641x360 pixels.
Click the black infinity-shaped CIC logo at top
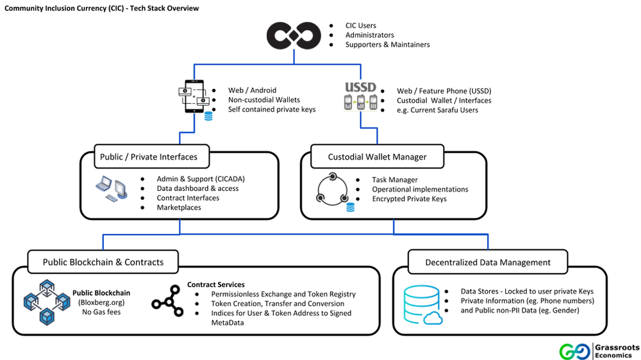click(294, 35)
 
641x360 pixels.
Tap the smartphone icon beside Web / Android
click(194, 100)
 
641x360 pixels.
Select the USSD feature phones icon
click(359, 100)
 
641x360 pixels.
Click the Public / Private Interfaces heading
click(149, 157)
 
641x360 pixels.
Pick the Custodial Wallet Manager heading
click(377, 157)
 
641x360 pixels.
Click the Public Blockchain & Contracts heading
click(103, 262)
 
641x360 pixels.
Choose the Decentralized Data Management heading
click(488, 262)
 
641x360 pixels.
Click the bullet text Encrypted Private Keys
click(410, 199)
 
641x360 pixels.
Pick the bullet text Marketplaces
click(179, 208)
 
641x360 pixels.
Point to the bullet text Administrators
click(369, 35)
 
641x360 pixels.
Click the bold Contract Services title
click(215, 284)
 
